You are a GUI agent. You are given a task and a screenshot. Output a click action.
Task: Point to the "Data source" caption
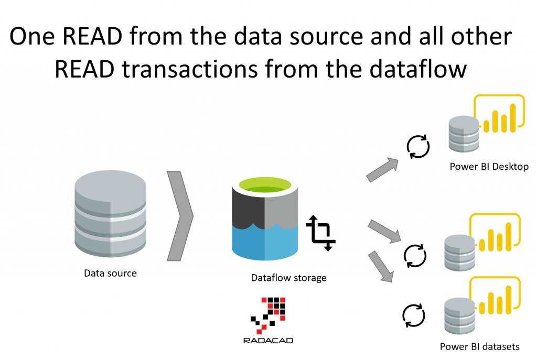110,273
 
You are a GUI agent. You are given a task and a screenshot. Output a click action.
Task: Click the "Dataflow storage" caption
288,278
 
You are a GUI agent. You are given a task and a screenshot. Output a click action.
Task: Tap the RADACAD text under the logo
268,341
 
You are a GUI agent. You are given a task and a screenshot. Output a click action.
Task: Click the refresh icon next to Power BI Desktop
418,145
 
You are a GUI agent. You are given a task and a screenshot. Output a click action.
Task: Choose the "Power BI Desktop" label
489,167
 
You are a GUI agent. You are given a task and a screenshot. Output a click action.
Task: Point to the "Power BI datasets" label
479,346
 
